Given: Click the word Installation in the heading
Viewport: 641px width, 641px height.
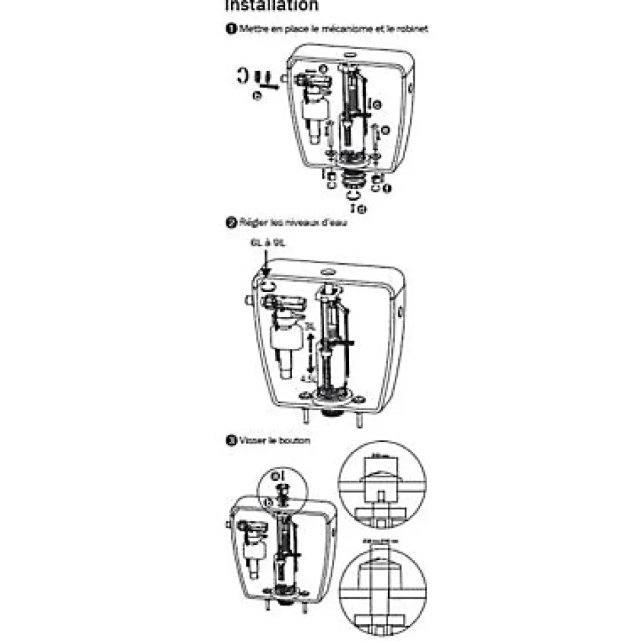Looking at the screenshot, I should coord(271,5).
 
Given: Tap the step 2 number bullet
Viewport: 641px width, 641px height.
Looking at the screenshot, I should coord(231,222).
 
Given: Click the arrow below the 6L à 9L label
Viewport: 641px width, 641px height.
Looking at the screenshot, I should coord(265,263).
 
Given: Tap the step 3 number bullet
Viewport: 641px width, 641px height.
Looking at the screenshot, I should coord(231,441).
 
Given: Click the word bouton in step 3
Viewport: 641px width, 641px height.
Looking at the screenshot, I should coord(295,441).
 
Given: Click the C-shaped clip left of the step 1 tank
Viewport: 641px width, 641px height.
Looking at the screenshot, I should coord(242,76).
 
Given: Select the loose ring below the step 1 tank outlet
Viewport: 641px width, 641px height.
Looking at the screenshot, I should coord(354,197).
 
